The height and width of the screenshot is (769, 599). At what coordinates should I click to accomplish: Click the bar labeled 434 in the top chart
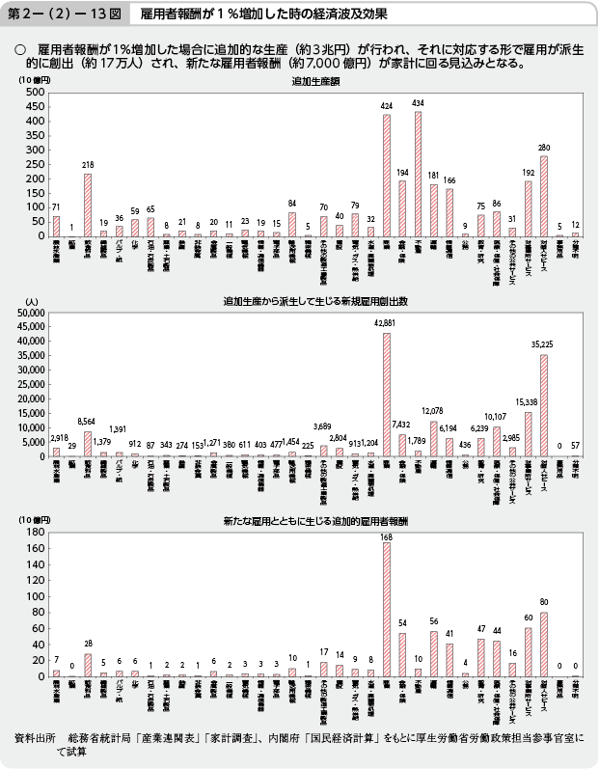click(x=419, y=175)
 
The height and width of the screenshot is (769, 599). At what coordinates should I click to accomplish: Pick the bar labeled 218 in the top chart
click(x=88, y=206)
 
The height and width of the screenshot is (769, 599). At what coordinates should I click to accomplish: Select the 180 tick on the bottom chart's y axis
click(x=35, y=533)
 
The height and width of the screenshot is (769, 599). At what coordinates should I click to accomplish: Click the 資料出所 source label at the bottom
click(x=36, y=738)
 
